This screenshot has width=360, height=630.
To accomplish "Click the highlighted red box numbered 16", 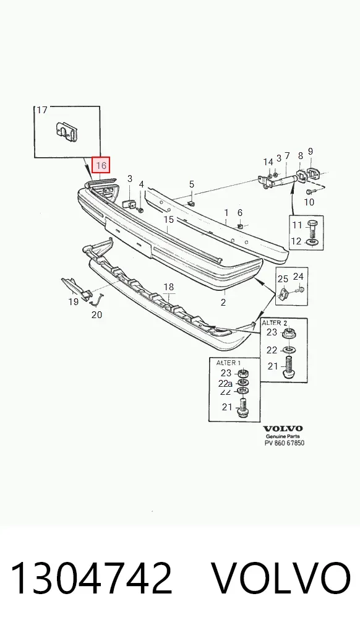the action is [x=101, y=165].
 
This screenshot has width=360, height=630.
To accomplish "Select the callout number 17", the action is [x=42, y=110].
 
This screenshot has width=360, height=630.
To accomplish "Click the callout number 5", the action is [x=192, y=184].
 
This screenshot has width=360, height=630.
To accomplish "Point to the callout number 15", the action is [x=169, y=219].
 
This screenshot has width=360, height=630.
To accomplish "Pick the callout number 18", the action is [x=169, y=287].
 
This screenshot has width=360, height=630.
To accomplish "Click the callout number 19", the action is [x=73, y=301].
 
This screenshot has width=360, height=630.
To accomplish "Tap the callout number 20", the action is [x=96, y=314].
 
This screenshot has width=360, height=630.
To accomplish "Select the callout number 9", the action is [x=310, y=152].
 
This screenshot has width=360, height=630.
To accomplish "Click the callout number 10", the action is [x=309, y=202].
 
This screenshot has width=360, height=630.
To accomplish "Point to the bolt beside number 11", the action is [x=312, y=229].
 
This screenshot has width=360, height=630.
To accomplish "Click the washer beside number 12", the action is [x=312, y=243].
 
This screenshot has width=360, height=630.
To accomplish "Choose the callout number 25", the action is [x=283, y=278].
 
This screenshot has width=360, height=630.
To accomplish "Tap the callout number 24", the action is [x=298, y=276].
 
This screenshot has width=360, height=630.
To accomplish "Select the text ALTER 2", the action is [x=275, y=322].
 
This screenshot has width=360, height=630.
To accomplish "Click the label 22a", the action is [x=225, y=384].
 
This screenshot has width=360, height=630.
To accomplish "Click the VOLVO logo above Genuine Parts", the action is [x=283, y=428].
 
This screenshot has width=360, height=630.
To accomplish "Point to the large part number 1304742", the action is [x=91, y=578].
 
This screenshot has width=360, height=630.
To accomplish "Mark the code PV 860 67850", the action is [x=284, y=442].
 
